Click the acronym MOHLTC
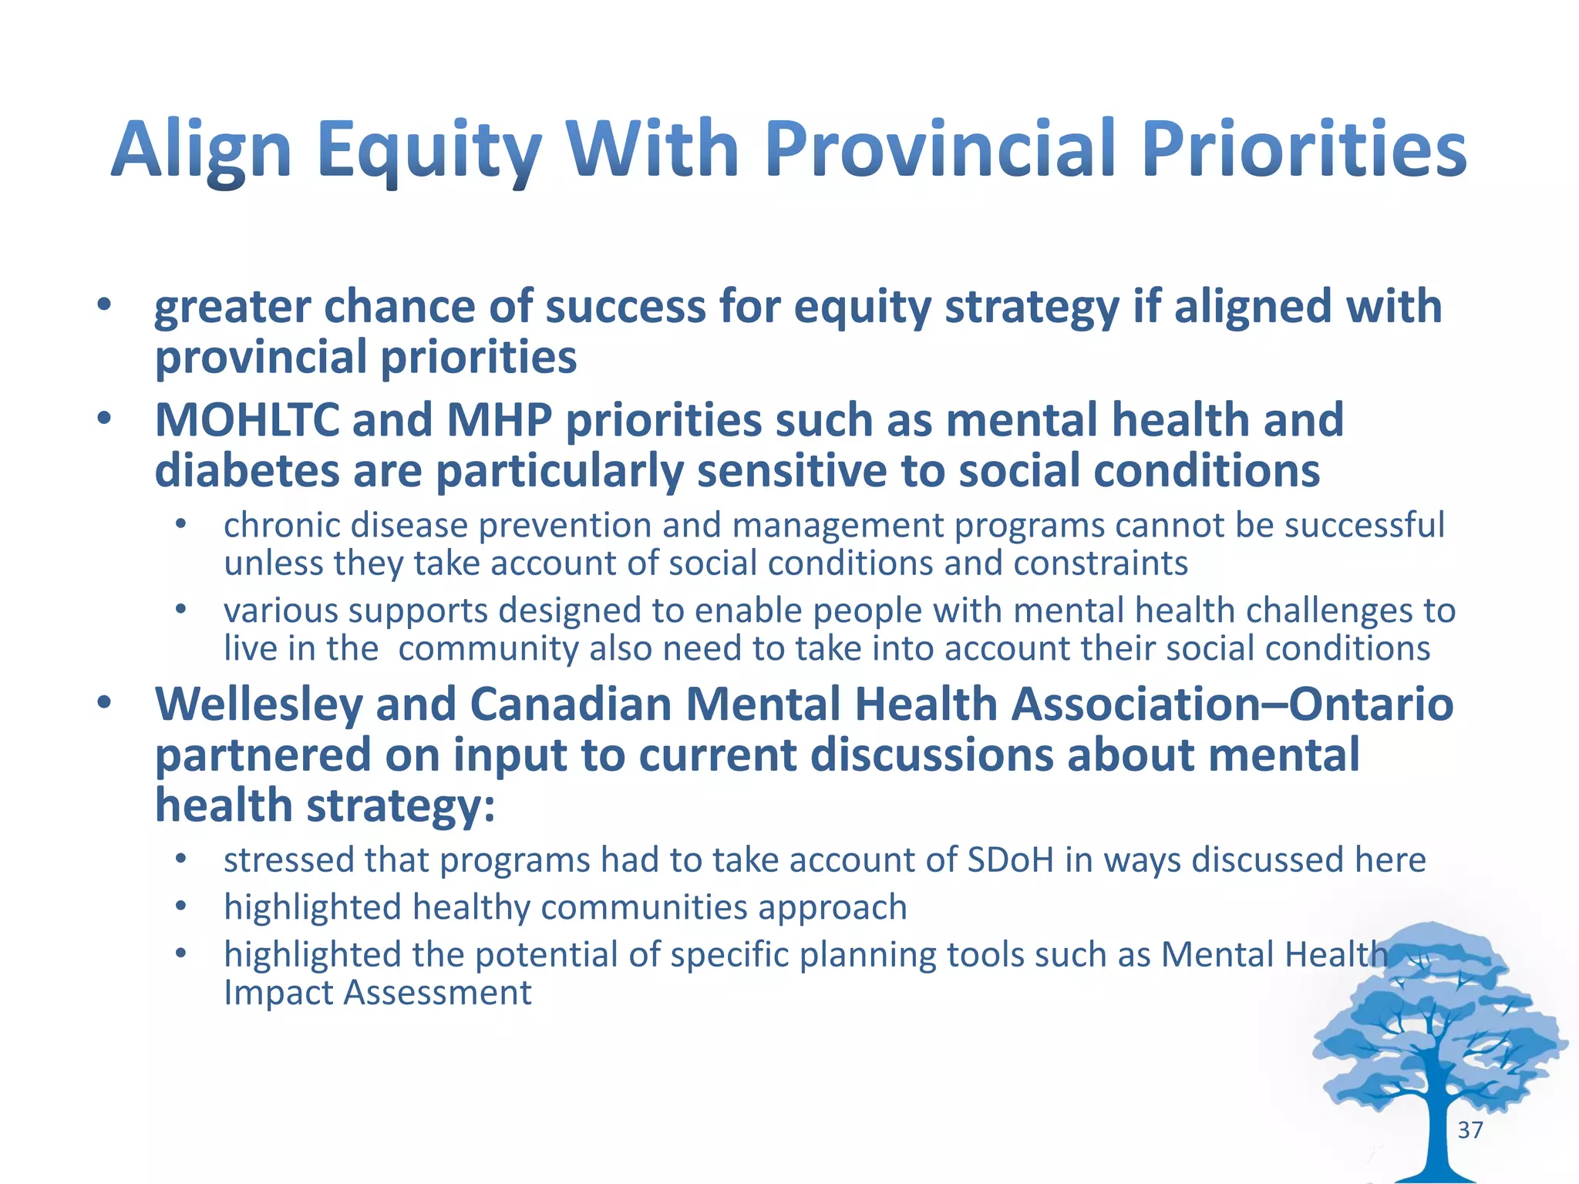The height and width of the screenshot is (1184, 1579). coord(247,421)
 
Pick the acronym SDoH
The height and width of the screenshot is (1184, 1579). coord(1010,860)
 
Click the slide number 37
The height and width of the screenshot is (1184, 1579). coord(1470,1130)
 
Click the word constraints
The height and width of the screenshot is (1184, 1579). coord(1100,564)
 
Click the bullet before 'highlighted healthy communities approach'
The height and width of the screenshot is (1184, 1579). coord(180,906)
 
